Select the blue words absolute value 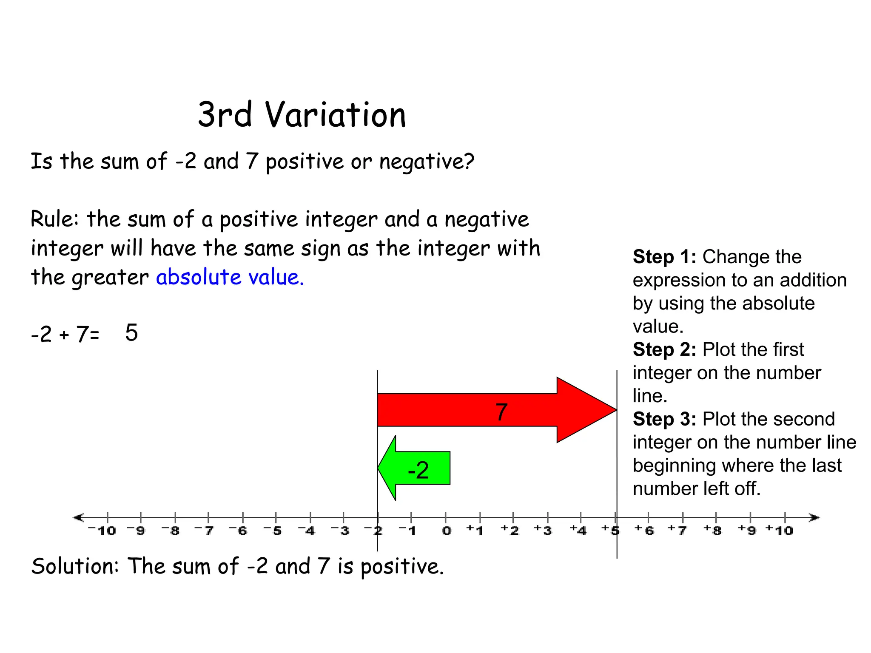(x=230, y=277)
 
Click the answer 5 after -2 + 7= (x=131, y=332)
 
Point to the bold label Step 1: (x=664, y=257)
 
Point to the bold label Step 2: (x=664, y=349)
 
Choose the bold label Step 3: (x=664, y=419)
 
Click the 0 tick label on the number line (x=446, y=531)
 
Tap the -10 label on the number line (x=102, y=531)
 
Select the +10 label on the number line (x=779, y=531)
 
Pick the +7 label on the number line (x=677, y=531)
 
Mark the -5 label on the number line (x=273, y=531)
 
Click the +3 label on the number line (x=543, y=531)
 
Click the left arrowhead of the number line (x=78, y=517)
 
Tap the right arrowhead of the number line (x=814, y=517)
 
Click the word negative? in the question (x=427, y=162)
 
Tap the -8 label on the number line (x=171, y=531)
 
